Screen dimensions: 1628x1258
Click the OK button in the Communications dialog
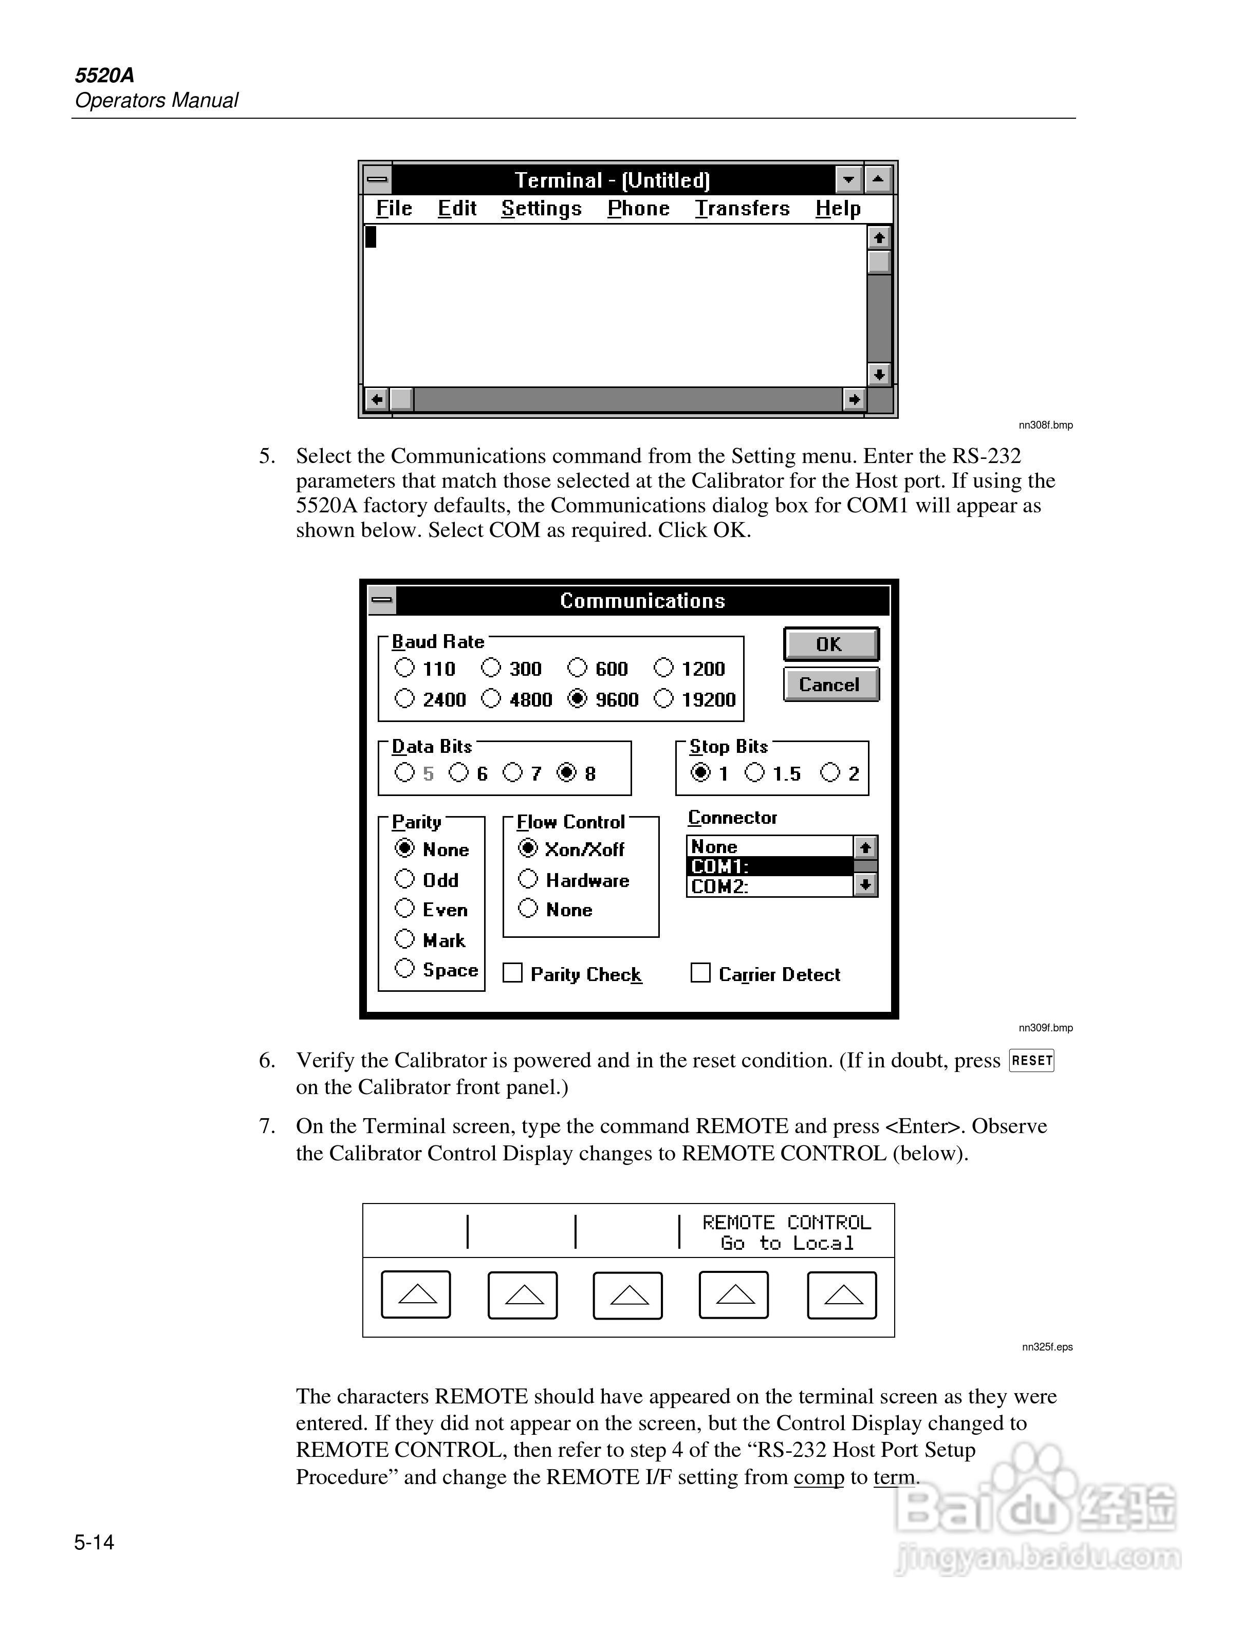(830, 644)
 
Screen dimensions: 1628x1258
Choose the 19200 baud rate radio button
(663, 698)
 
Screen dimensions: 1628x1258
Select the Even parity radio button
(404, 908)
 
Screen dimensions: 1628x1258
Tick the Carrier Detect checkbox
(700, 973)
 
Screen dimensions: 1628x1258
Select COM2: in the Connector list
(768, 886)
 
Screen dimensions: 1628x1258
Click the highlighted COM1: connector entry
(768, 866)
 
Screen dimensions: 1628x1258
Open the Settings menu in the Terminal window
(541, 209)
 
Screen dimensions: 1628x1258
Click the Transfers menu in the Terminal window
(742, 209)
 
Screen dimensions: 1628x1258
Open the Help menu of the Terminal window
(838, 209)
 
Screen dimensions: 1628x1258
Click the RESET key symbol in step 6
(1031, 1060)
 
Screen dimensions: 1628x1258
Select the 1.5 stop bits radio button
(754, 772)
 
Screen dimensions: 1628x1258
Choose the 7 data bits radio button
(513, 772)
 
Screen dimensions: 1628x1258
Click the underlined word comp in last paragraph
(818, 1477)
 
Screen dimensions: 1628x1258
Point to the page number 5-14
(94, 1542)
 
